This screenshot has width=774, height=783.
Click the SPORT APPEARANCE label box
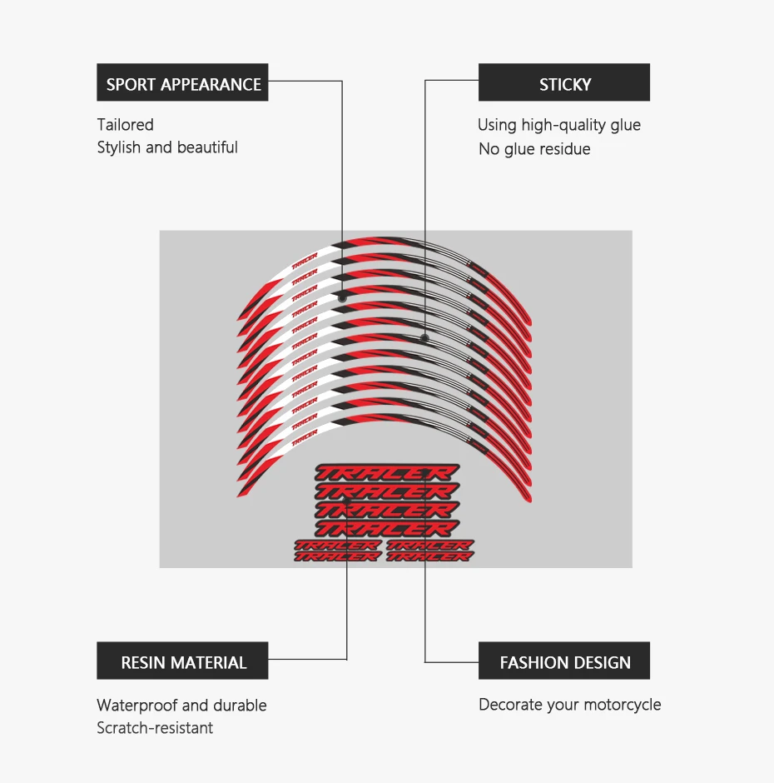tap(182, 83)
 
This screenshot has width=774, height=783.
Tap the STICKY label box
tap(564, 83)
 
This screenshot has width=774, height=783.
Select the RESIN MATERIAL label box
tap(182, 661)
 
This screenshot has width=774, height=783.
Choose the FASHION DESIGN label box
tap(564, 661)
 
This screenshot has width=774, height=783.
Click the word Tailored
tap(126, 125)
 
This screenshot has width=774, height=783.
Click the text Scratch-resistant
tap(155, 728)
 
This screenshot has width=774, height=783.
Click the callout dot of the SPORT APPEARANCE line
tap(342, 297)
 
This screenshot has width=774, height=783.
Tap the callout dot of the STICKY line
tap(425, 338)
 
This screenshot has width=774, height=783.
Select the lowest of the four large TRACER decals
tap(386, 527)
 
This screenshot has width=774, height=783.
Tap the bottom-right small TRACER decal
tap(430, 556)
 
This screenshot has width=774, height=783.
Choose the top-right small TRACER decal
tap(430, 546)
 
